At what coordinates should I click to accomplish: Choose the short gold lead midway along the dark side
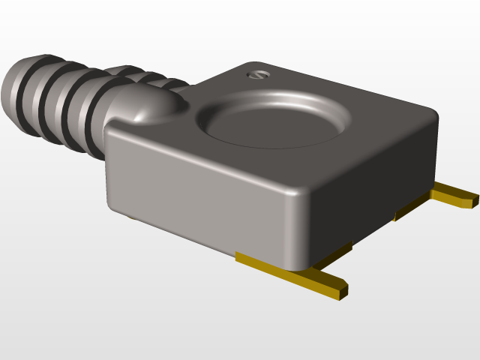click(409, 209)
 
